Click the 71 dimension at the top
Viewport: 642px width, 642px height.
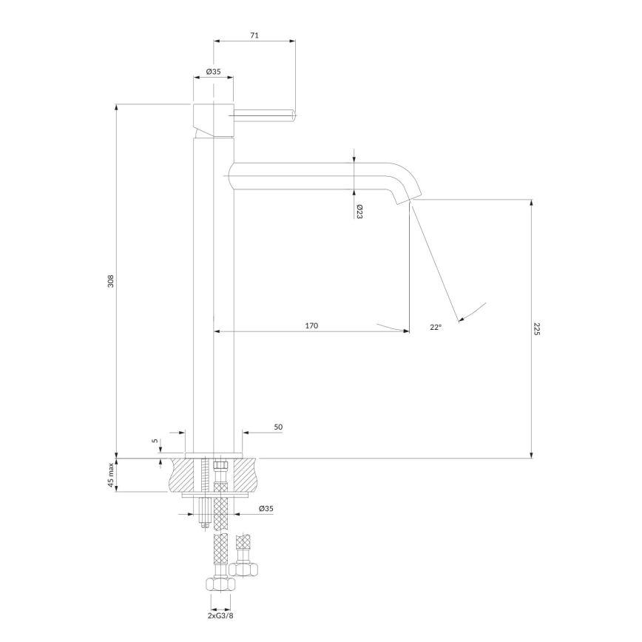(254, 36)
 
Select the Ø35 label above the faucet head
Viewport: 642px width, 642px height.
(213, 71)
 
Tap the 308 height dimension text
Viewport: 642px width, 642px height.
(110, 281)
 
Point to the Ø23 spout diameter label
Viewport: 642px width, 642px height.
(359, 212)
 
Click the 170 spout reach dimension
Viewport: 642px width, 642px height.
(311, 325)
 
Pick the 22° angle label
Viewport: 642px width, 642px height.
(436, 327)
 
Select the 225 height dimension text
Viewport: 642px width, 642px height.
(537, 329)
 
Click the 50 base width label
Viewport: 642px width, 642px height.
(278, 427)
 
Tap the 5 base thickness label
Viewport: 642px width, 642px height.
(155, 441)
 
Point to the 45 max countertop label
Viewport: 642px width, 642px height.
(110, 475)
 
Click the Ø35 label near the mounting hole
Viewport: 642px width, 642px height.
(266, 509)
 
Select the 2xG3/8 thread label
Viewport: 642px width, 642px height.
(220, 615)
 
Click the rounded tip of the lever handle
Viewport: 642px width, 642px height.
(293, 116)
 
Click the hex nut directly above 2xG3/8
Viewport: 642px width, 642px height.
(220, 584)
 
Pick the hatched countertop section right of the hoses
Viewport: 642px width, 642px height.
(245, 475)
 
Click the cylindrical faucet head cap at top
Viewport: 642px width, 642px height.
(213, 120)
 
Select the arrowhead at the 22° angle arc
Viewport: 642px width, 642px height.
(462, 319)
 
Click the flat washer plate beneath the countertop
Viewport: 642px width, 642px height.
(215, 496)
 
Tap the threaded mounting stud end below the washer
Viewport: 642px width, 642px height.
(204, 526)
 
